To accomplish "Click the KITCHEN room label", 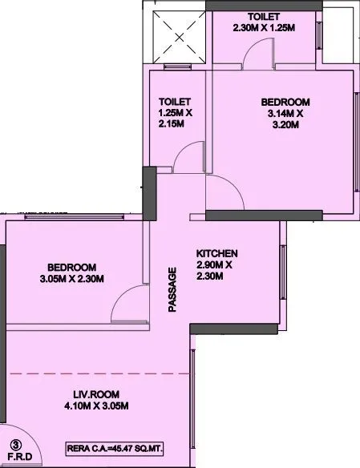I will (217, 253).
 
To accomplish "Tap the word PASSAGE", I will (172, 288).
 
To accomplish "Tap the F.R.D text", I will (14, 458).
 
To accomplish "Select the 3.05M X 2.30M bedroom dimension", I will (71, 279).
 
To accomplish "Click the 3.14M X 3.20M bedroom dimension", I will (285, 119).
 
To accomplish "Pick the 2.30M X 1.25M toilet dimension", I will (264, 28).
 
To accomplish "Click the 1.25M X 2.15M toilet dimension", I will (175, 119).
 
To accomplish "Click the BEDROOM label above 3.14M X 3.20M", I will (285, 103).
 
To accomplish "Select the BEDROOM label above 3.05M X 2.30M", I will (71, 267).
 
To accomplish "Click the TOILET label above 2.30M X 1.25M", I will (264, 17).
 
